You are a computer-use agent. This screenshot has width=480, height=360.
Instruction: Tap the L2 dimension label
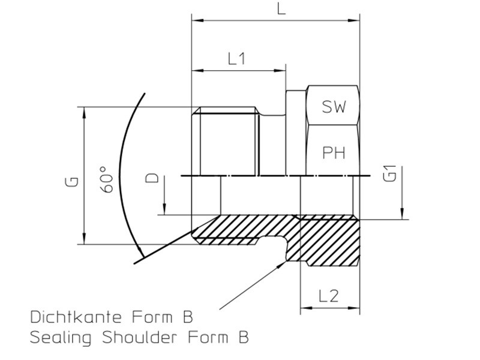point(329,295)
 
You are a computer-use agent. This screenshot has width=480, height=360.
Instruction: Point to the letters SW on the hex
point(333,107)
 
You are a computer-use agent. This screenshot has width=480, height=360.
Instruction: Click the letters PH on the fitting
point(334,152)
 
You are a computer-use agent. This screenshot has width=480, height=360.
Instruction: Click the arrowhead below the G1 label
point(403,214)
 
